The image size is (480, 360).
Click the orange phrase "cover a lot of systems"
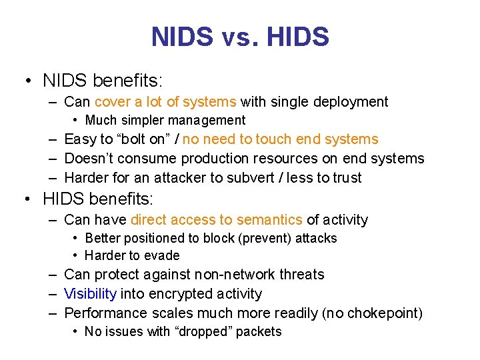pyautogui.click(x=165, y=102)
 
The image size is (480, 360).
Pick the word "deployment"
pyautogui.click(x=350, y=102)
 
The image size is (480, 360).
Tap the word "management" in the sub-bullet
pyautogui.click(x=207, y=121)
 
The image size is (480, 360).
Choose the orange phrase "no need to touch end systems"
pyautogui.click(x=280, y=139)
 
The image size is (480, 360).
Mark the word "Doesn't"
pyautogui.click(x=89, y=159)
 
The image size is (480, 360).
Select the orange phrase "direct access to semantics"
pyautogui.click(x=217, y=220)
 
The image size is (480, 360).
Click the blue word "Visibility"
pyautogui.click(x=91, y=294)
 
